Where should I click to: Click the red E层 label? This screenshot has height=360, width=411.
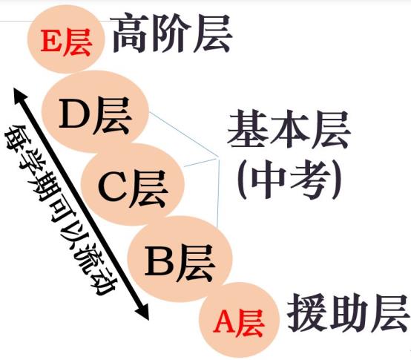click(66, 42)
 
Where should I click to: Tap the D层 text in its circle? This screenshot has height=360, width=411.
click(95, 116)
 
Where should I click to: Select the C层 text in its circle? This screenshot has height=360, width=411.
click(133, 189)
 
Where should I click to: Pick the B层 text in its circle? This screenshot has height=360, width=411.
click(180, 263)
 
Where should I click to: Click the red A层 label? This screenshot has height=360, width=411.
click(238, 324)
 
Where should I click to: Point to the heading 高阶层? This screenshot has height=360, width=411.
click(171, 33)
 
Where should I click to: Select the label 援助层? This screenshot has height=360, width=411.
click(349, 314)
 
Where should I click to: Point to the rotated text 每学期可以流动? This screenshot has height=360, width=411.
click(60, 210)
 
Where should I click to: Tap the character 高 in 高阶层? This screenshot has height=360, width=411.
click(129, 33)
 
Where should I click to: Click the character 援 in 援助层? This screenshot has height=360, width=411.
click(306, 314)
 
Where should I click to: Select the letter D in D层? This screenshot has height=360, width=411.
click(74, 114)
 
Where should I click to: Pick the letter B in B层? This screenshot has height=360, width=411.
click(160, 261)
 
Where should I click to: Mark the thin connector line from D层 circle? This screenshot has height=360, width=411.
click(183, 135)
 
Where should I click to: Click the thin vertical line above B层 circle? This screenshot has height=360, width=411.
click(218, 193)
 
